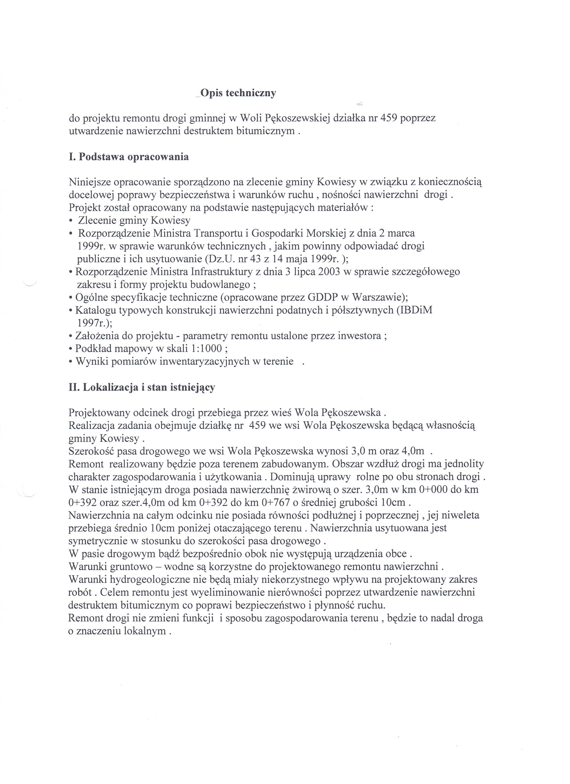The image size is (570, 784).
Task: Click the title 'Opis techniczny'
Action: (x=238, y=93)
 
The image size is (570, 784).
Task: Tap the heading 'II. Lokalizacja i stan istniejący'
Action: (x=142, y=387)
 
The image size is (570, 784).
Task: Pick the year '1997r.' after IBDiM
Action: (x=92, y=323)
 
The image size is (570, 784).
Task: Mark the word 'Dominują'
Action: (x=292, y=477)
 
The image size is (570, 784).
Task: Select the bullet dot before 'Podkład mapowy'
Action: (x=71, y=349)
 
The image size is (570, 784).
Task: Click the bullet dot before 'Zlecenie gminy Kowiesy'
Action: (x=71, y=221)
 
